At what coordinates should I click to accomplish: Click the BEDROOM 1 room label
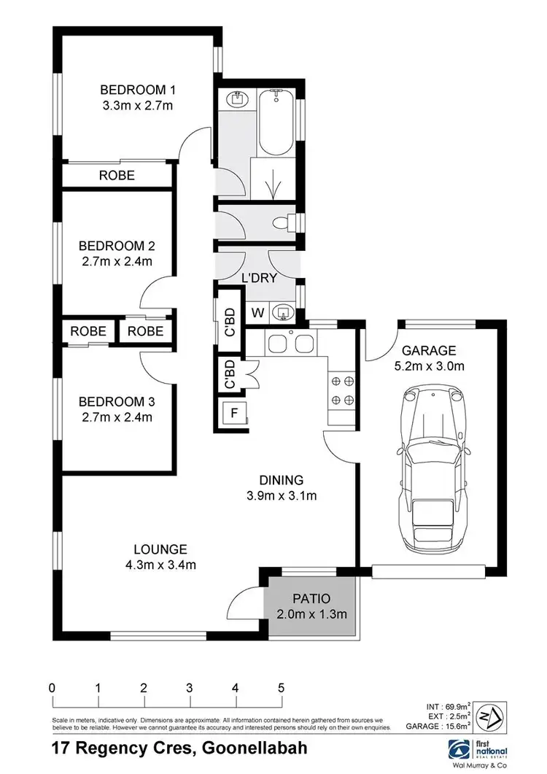pyautogui.click(x=138, y=90)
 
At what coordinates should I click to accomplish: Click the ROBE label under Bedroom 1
pyautogui.click(x=117, y=175)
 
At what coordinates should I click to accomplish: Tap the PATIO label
pyautogui.click(x=312, y=597)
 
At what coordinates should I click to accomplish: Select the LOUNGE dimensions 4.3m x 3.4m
pyautogui.click(x=160, y=564)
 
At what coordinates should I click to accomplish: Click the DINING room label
pyautogui.click(x=281, y=480)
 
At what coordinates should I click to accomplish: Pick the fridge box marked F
pyautogui.click(x=233, y=412)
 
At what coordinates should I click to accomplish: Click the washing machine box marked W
pyautogui.click(x=257, y=312)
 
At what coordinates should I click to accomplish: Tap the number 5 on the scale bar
pyautogui.click(x=281, y=688)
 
